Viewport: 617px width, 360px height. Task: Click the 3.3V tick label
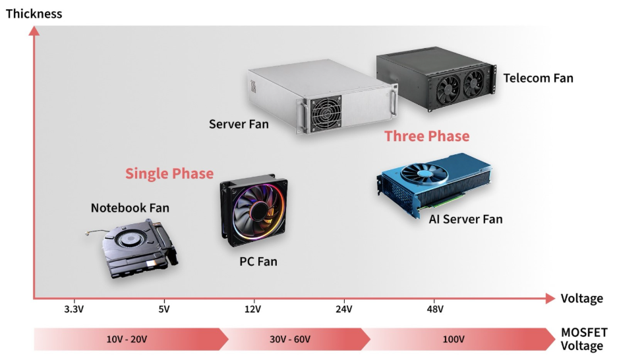[x=74, y=309]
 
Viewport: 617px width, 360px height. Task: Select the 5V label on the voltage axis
[x=164, y=309]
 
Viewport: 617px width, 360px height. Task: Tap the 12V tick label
[x=252, y=309]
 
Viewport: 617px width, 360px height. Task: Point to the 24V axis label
[x=344, y=309]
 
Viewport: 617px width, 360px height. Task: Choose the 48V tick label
[x=435, y=309]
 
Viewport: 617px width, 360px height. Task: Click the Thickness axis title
[x=34, y=14]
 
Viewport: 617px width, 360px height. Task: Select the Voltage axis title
[x=581, y=299]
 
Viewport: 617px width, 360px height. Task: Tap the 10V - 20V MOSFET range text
[x=127, y=339]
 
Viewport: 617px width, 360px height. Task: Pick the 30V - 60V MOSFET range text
[x=290, y=339]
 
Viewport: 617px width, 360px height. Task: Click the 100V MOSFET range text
[x=454, y=339]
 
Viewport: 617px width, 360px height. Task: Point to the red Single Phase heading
[x=169, y=173]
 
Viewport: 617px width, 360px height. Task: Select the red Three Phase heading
[x=427, y=136]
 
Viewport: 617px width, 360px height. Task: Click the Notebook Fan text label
[x=131, y=208]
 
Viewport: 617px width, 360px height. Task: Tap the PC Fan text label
[x=258, y=261]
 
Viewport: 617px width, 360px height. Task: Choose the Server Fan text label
[x=239, y=125]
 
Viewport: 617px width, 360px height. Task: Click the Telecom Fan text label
[x=539, y=78]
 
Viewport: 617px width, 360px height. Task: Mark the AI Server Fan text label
[x=465, y=219]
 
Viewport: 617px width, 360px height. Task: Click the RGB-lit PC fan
[x=254, y=210]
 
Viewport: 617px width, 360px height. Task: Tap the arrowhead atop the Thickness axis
[x=34, y=31]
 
